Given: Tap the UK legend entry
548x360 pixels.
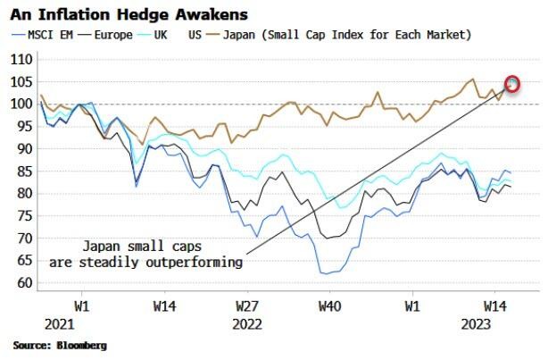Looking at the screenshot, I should [x=155, y=35].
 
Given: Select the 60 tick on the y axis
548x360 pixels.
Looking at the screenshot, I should [x=22, y=283].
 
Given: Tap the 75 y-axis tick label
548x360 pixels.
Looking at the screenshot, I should [x=22, y=216].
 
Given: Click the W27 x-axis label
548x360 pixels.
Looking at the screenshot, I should [x=247, y=304].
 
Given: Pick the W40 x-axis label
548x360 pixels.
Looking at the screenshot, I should [x=329, y=304].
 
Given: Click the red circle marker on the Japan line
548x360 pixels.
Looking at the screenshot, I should [x=512, y=85].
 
